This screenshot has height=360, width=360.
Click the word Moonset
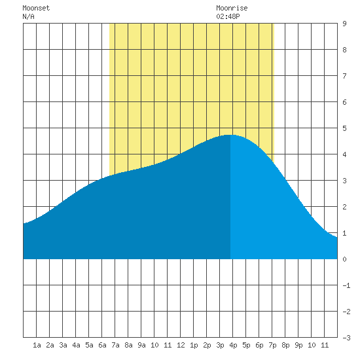pyautogui.click(x=36, y=8)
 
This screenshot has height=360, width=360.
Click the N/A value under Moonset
pyautogui.click(x=28, y=16)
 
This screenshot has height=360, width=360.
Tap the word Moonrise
pyautogui.click(x=232, y=8)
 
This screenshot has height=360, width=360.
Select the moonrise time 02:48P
pyautogui.click(x=228, y=16)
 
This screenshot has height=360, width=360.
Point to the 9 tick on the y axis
pyautogui.click(x=344, y=24)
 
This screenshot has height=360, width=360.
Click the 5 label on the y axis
pyautogui.click(x=344, y=128)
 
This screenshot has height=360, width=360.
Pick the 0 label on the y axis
pyautogui.click(x=344, y=259)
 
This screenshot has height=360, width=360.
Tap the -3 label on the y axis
pyautogui.click(x=346, y=338)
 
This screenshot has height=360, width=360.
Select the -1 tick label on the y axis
pyautogui.click(x=346, y=285)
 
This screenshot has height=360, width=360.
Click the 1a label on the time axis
pyautogui.click(x=37, y=345)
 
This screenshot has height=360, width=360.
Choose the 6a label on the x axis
pyautogui.click(x=102, y=345)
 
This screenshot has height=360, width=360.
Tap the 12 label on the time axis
pyautogui.click(x=181, y=345)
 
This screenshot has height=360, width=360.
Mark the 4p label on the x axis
pyautogui.click(x=233, y=345)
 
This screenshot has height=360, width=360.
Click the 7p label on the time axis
pyautogui.click(x=272, y=345)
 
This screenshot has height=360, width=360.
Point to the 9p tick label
pyautogui.click(x=298, y=345)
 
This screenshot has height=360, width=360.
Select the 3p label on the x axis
pyautogui.click(x=220, y=345)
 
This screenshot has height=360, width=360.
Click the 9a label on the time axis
pyautogui.click(x=141, y=345)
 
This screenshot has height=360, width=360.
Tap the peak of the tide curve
pyautogui.click(x=230, y=135)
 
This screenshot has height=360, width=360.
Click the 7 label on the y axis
pyautogui.click(x=344, y=76)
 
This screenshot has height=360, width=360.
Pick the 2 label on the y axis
pyautogui.click(x=344, y=207)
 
